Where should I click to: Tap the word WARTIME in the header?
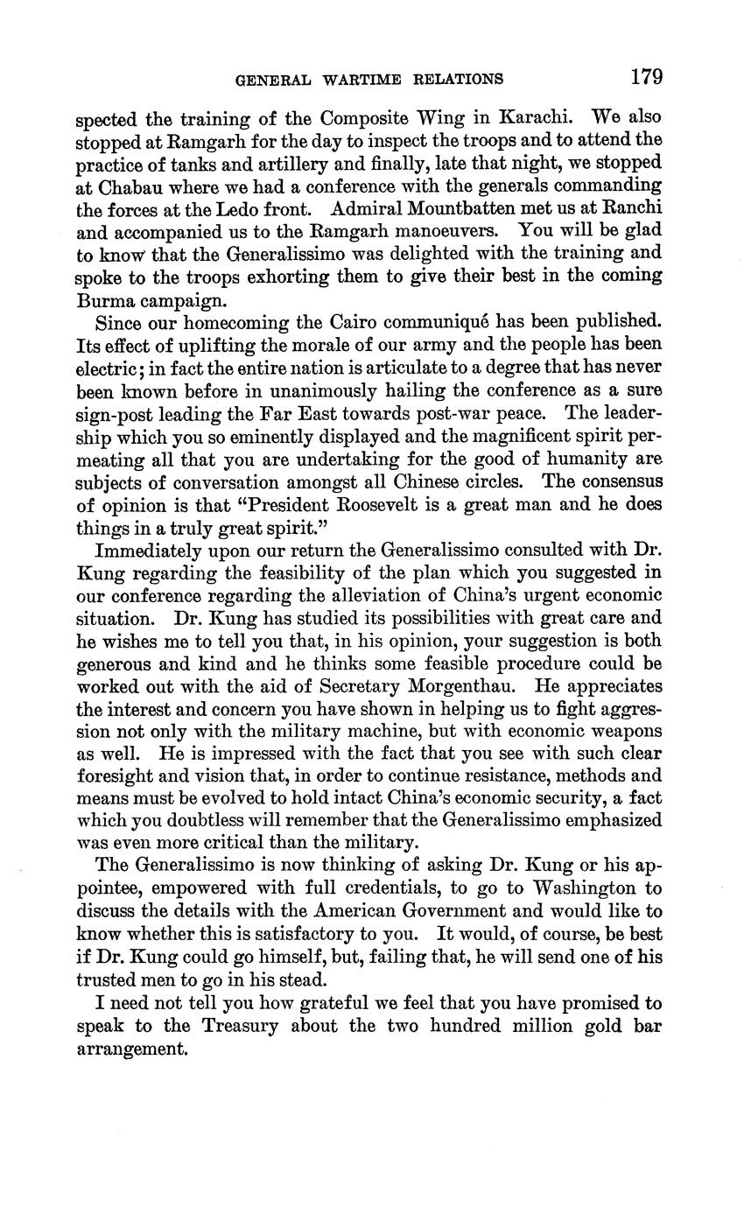coord(359,80)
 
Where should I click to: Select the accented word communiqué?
coord(409,322)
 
